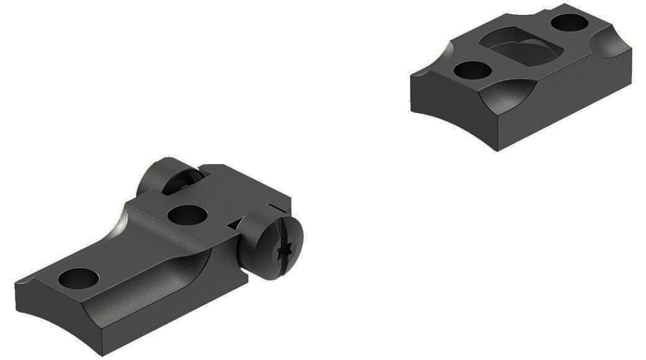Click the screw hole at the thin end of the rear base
pos(79,277)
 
